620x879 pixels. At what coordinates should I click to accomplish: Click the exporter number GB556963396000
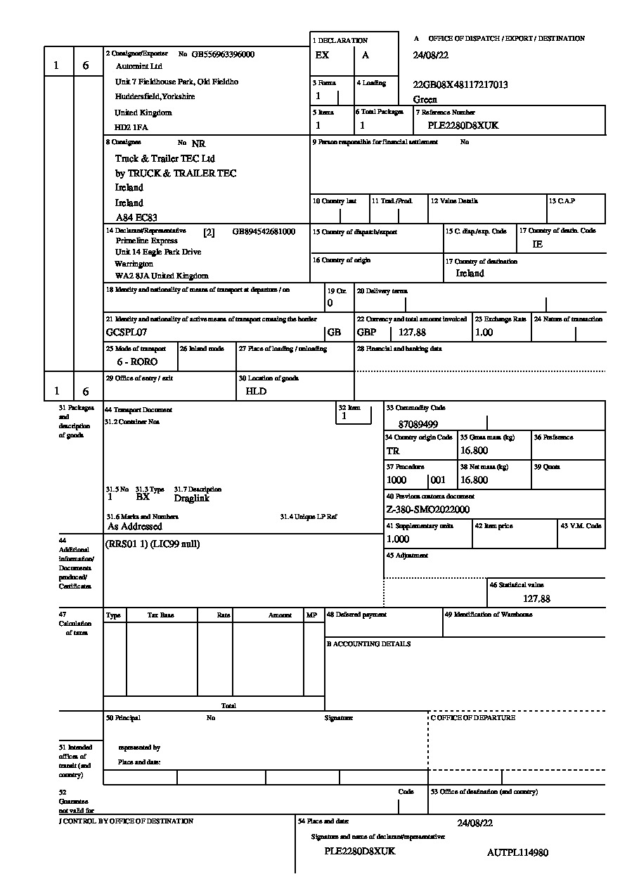(223, 54)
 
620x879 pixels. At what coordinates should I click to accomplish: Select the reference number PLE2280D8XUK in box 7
(463, 126)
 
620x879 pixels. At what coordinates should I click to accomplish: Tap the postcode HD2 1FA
(131, 127)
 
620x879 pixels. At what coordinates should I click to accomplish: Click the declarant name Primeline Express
(147, 240)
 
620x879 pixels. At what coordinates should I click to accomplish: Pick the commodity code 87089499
(418, 424)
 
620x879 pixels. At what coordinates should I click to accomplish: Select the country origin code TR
(393, 451)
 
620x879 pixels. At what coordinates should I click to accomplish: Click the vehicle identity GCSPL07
(127, 332)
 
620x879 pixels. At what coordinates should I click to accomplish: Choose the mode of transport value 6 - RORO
(137, 361)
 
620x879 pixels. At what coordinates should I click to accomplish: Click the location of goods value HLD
(256, 391)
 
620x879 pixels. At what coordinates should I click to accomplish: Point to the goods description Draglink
(192, 498)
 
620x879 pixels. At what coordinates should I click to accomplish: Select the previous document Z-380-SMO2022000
(428, 509)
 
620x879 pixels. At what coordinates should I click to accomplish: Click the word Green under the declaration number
(425, 99)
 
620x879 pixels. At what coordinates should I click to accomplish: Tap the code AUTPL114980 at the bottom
(517, 852)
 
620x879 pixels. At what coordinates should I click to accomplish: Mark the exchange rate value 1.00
(484, 332)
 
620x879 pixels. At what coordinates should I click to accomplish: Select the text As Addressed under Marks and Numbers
(135, 526)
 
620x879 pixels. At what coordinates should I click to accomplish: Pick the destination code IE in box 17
(538, 244)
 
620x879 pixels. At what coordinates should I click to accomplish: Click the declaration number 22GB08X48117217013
(461, 84)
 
